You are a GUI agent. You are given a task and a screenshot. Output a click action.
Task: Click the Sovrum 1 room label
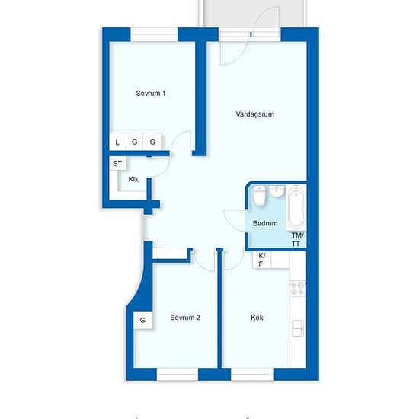point(150,93)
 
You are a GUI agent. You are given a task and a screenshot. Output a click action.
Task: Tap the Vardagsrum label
point(254,114)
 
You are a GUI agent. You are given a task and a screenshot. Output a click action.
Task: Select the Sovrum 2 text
point(185,318)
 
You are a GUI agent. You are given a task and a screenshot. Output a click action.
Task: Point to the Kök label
point(257,318)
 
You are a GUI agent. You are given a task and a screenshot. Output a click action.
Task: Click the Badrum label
point(265,223)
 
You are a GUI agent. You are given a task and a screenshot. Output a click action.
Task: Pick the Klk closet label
point(133,179)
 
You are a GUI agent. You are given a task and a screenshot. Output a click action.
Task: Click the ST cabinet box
point(117,163)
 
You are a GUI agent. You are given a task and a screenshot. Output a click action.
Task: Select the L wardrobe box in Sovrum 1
point(117,142)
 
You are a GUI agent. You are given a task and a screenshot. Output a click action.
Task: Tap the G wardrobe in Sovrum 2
point(143,320)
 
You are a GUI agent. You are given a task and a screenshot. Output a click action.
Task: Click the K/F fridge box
point(261,260)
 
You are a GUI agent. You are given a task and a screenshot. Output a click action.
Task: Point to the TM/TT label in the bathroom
point(296,239)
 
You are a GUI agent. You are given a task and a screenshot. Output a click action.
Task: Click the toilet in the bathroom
point(259,196)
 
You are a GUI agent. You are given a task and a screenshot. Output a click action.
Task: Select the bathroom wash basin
point(277,190)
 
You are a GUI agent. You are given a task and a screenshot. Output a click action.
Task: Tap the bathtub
point(296,208)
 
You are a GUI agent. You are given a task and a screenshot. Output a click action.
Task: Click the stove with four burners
point(298,288)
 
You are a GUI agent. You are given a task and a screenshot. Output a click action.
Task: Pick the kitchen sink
point(298,328)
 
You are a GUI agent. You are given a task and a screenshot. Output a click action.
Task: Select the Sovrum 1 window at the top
point(154,35)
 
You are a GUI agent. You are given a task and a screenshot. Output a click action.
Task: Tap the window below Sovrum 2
point(178,374)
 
